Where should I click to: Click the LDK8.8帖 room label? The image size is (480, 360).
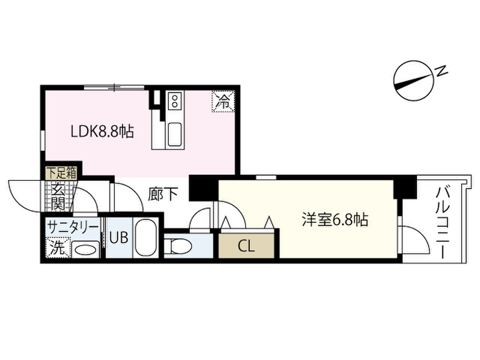[x=102, y=132]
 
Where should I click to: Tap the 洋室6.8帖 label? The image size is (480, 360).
[x=334, y=220]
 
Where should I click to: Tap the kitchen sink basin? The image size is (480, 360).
[x=174, y=134]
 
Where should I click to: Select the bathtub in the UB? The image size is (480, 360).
[x=146, y=238]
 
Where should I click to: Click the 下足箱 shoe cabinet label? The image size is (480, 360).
[x=61, y=172]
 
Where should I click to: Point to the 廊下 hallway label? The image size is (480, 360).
[x=163, y=194]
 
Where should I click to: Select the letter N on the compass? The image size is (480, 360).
[x=441, y=72]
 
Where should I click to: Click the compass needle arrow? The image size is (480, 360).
[x=414, y=80]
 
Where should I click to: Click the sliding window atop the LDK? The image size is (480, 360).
[x=114, y=87]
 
